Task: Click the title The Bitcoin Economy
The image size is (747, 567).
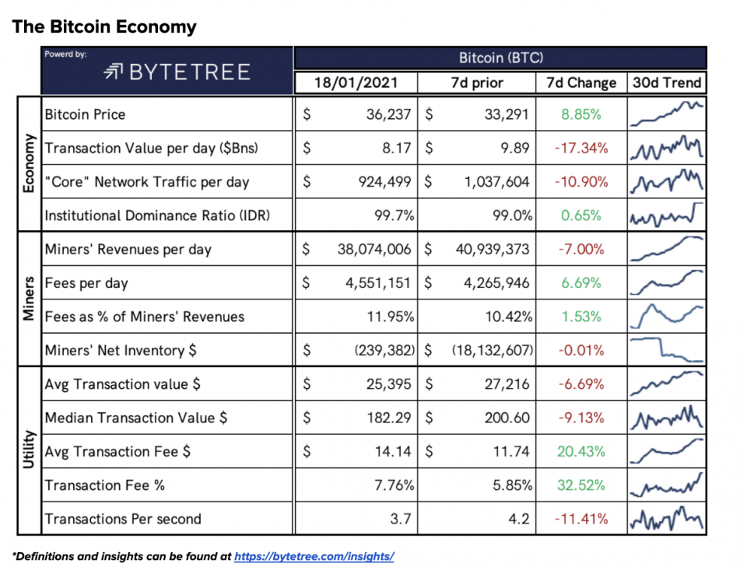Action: coord(103,27)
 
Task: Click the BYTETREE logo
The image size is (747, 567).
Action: coord(177,73)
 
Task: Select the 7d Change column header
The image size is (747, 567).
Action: coord(580,82)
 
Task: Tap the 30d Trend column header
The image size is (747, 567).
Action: coord(666,82)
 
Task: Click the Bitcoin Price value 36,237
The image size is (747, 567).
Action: coord(385,114)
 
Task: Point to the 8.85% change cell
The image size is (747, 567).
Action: coord(580,114)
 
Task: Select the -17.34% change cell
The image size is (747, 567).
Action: coord(580,148)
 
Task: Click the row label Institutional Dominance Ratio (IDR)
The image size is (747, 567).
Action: coord(158,215)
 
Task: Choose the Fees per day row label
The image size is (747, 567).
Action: coord(86,283)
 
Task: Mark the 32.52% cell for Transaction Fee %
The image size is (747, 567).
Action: coord(580,485)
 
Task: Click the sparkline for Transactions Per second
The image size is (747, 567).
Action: coord(666,519)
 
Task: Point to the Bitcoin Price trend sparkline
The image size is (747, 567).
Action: coord(666,114)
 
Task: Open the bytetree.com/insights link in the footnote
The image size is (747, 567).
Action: coord(314,556)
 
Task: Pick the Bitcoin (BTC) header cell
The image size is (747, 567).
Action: coord(500,58)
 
